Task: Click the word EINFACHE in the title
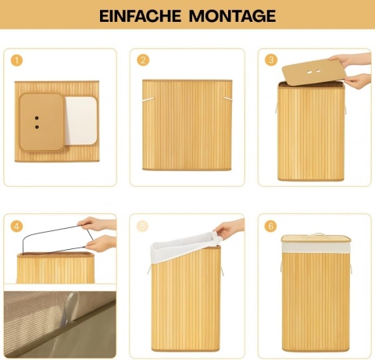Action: click(x=141, y=16)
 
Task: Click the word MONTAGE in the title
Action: click(x=232, y=16)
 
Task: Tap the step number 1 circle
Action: click(x=16, y=61)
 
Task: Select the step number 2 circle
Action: click(x=143, y=60)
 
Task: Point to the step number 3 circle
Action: click(x=271, y=60)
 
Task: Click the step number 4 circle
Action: click(x=16, y=226)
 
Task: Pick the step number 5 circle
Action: click(x=142, y=226)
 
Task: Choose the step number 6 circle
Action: click(x=270, y=226)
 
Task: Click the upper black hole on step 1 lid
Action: click(x=37, y=118)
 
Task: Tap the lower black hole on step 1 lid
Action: click(x=37, y=127)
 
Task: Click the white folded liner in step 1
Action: click(x=81, y=121)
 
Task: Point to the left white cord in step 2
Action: click(x=148, y=99)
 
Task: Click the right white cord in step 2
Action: click(x=228, y=98)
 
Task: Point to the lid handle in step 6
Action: click(x=316, y=234)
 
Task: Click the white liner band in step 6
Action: click(x=316, y=247)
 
